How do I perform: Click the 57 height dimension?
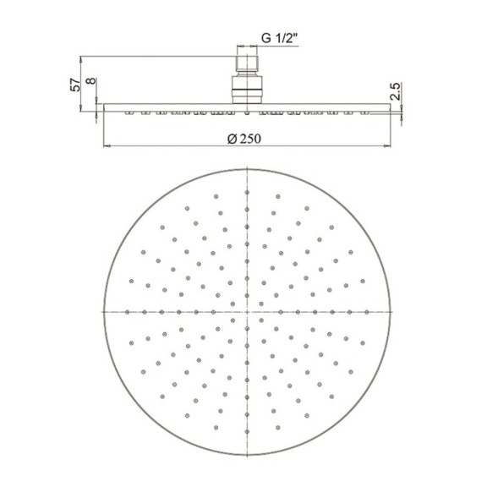pyautogui.click(x=76, y=84)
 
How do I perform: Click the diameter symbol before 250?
pyautogui.click(x=232, y=140)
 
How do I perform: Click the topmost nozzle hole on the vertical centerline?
pyautogui.click(x=248, y=192)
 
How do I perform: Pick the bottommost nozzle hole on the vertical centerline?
pyautogui.click(x=248, y=430)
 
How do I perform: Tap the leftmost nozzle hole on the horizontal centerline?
pyautogui.click(x=128, y=311)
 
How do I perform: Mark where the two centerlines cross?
pyautogui.click(x=248, y=311)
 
